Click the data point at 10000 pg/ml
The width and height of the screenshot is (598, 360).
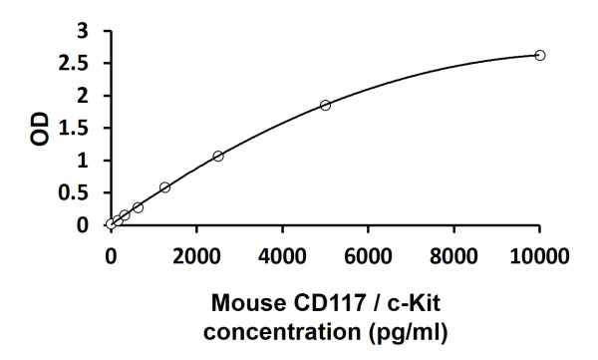540,55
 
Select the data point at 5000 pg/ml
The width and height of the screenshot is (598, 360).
325,105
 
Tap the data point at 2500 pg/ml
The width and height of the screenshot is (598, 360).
217,156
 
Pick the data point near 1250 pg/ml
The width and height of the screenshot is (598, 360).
164,186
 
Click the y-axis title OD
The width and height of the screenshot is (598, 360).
41,129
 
